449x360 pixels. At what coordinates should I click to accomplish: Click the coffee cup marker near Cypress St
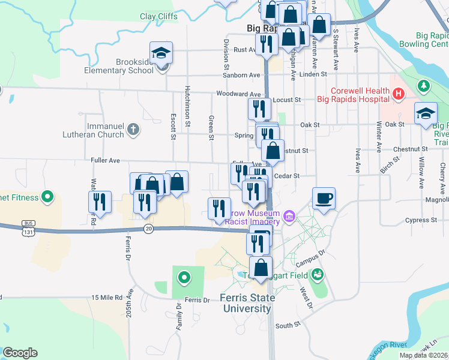click(x=324, y=199)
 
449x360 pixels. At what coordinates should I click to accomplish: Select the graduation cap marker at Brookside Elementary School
click(x=161, y=53)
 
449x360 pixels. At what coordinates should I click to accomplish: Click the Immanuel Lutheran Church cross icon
click(x=133, y=128)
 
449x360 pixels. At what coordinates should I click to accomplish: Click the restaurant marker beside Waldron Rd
click(x=100, y=202)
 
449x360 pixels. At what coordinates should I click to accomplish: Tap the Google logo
click(x=20, y=353)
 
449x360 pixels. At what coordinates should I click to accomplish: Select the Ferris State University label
click(x=248, y=303)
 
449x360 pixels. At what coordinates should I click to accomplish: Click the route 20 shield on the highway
click(x=148, y=228)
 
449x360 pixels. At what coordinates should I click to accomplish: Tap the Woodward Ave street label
click(x=239, y=94)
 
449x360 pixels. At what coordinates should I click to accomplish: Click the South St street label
click(x=288, y=325)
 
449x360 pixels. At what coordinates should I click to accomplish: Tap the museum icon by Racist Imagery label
click(x=289, y=215)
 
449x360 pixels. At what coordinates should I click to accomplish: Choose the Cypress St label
click(x=421, y=220)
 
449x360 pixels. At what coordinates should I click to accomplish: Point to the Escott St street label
click(x=173, y=127)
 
